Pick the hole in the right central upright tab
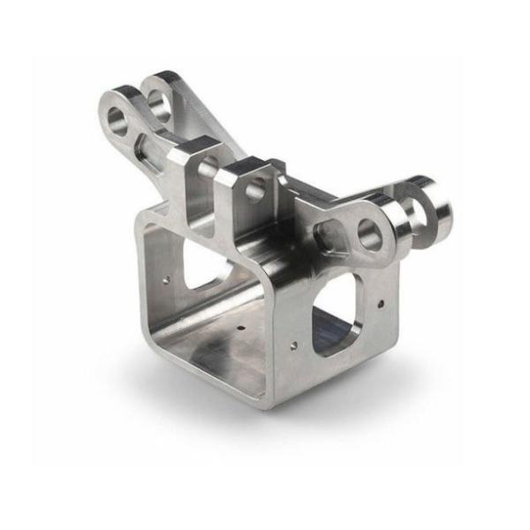pyautogui.click(x=256, y=189)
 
